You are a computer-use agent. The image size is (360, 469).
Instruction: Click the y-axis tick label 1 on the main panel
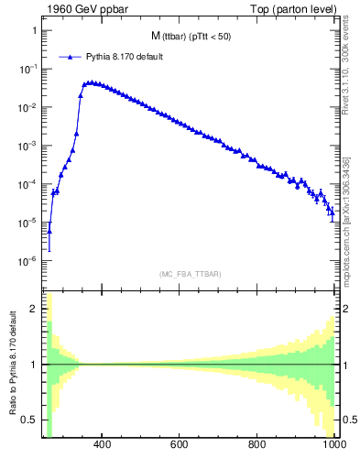[33, 30]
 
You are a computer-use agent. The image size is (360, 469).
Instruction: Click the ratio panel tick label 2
[33, 309]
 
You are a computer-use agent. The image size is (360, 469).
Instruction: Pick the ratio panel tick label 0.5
[29, 420]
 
